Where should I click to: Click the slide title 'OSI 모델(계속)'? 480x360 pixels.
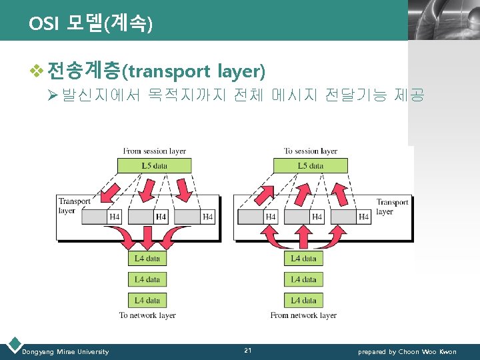pyautogui.click(x=91, y=24)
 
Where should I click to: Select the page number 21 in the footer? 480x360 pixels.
pyautogui.click(x=248, y=351)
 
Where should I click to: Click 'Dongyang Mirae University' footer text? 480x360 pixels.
pyautogui.click(x=65, y=351)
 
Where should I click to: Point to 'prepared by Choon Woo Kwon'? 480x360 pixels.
pyautogui.click(x=407, y=351)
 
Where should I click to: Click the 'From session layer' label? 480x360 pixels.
pyautogui.click(x=155, y=151)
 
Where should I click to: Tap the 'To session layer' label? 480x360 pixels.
pyautogui.click(x=311, y=151)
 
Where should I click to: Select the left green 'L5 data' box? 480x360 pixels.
pyautogui.click(x=155, y=165)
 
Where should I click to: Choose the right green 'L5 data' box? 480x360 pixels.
pyautogui.click(x=311, y=165)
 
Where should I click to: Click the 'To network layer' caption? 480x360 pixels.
pyautogui.click(x=147, y=315)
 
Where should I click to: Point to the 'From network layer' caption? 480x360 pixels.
pyautogui.click(x=303, y=315)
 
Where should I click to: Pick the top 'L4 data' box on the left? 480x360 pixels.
pyautogui.click(x=147, y=258)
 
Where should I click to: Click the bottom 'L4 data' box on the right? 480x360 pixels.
pyautogui.click(x=303, y=300)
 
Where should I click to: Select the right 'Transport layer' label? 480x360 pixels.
pyautogui.click(x=392, y=207)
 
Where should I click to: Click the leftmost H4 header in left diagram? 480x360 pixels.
pyautogui.click(x=115, y=217)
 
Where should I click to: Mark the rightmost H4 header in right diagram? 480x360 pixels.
pyautogui.click(x=363, y=217)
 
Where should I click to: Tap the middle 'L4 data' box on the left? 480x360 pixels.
pyautogui.click(x=147, y=279)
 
